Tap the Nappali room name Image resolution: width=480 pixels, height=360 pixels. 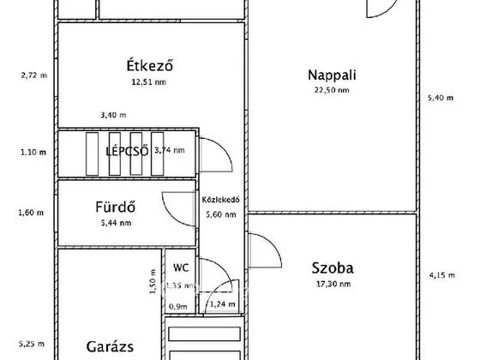point(332,75)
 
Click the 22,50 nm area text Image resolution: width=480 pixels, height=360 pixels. point(332,90)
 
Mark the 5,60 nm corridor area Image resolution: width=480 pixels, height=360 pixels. point(219,215)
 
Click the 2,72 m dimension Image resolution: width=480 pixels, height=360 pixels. point(33,75)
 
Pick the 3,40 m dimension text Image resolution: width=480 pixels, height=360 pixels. point(112,116)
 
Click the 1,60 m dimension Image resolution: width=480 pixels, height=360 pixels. point(32,213)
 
